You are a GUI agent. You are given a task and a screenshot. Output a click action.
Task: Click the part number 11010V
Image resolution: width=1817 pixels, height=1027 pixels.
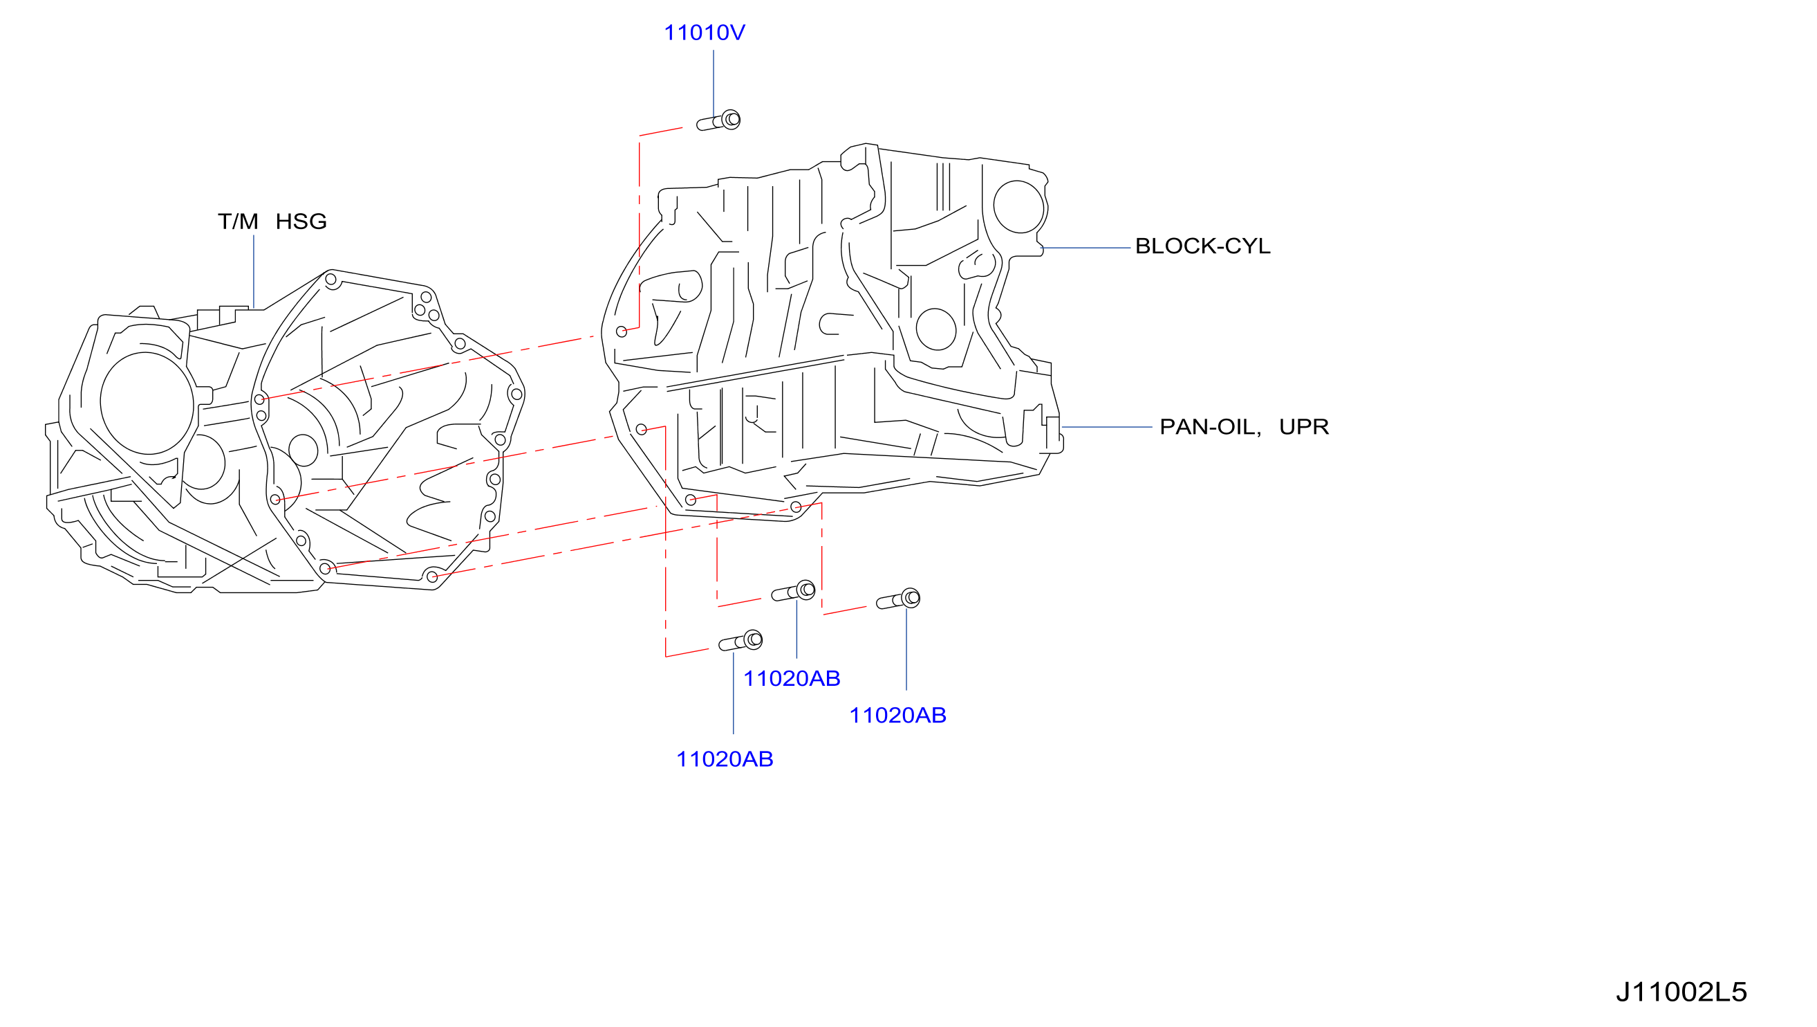tap(704, 33)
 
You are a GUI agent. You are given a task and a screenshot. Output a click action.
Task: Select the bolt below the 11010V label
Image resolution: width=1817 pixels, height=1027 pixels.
tap(718, 120)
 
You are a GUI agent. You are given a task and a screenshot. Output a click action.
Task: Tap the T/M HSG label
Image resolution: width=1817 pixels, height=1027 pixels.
tap(272, 221)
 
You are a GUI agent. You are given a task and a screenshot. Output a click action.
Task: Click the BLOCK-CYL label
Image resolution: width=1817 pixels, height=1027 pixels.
tap(1202, 246)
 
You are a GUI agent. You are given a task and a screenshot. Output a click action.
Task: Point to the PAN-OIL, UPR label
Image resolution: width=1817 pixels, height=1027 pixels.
tap(1245, 427)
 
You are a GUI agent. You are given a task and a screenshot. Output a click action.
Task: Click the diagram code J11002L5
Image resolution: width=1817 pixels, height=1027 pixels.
tap(1681, 992)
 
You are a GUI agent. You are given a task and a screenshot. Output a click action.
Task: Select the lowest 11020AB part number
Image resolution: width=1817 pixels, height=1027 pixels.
tap(725, 759)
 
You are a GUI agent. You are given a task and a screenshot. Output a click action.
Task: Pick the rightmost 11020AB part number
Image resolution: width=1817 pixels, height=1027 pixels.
tap(897, 716)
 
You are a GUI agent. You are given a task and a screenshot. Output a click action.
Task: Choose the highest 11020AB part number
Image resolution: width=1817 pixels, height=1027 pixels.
tap(792, 679)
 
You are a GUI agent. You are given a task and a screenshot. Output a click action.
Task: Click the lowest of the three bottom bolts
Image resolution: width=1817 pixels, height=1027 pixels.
tap(740, 642)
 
